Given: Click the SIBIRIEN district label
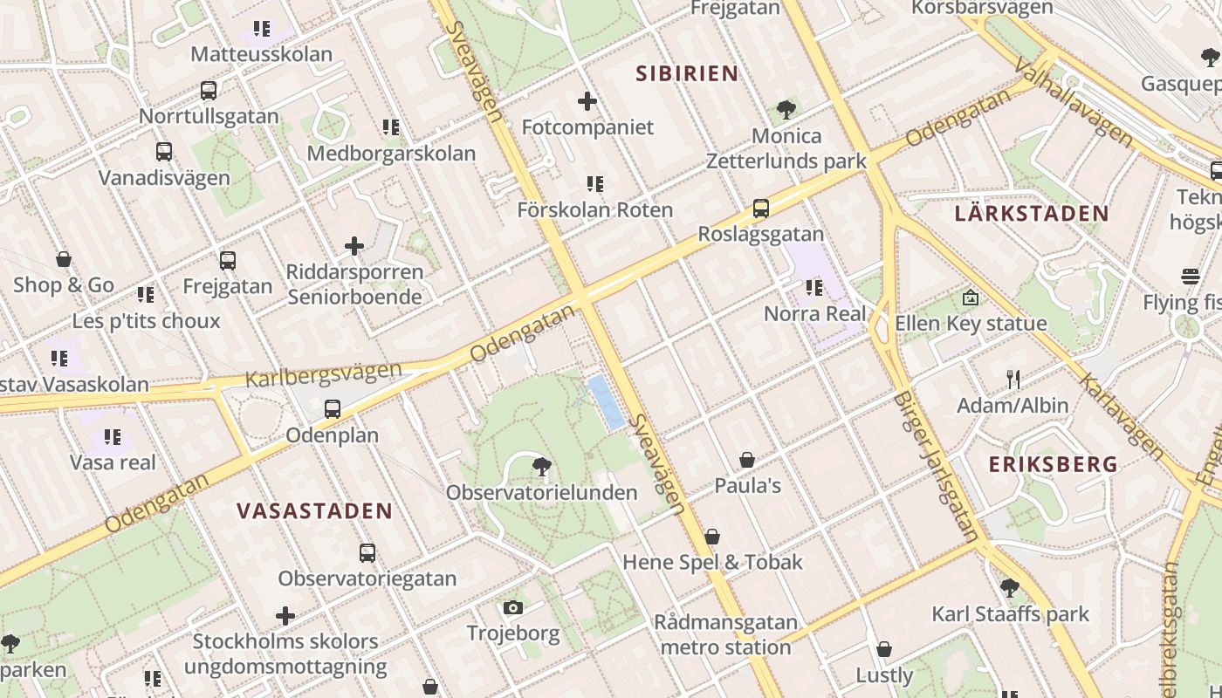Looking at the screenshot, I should coord(687,73).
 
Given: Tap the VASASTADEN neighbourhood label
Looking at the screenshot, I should coord(315,511).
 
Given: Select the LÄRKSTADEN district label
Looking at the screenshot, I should coord(1031,214).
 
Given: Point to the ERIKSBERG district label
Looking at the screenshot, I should coord(1053,464).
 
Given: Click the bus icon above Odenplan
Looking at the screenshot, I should coord(332,409).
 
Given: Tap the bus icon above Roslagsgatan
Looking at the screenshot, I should coord(760,209).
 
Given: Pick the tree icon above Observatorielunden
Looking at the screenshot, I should coord(541,467).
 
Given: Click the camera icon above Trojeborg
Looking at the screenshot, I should coord(512,607).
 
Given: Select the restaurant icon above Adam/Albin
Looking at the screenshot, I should coord(1013,380).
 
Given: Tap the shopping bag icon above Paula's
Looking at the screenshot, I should coord(747,460).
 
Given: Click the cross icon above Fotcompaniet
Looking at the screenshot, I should coord(587,101).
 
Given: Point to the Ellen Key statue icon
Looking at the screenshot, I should coord(970,298).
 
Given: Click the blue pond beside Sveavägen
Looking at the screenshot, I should coord(606,402).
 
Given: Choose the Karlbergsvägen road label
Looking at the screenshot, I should coord(323,374).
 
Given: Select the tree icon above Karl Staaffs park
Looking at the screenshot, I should coord(1010,588).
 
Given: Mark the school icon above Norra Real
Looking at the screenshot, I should coord(814,287).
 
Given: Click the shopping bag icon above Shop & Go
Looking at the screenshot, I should coord(63,259).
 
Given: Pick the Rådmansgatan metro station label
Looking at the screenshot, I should coord(726,635).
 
